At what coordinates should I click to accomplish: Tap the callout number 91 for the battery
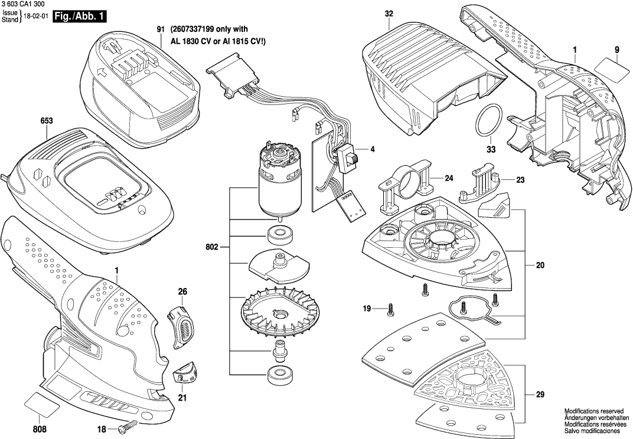point(161,30)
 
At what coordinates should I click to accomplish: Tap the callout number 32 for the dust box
point(388,13)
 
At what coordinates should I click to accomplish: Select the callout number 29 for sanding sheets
point(540,395)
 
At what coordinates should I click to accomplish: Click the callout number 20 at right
point(540,266)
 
